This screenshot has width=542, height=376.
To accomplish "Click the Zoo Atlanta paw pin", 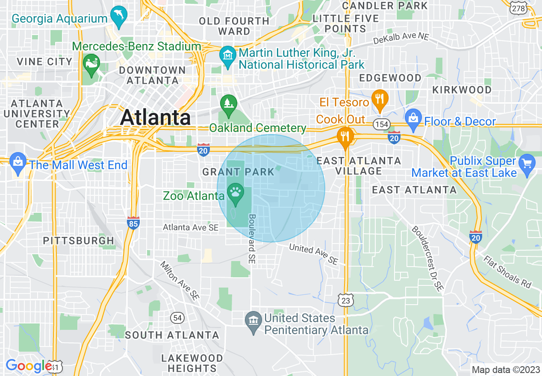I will click(235, 192).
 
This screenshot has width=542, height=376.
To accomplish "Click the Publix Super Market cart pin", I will click(527, 163).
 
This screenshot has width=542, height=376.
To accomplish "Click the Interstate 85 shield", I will click(134, 223).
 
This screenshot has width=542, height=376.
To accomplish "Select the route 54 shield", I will click(177, 317).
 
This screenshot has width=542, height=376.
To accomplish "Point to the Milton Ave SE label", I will click(180, 281).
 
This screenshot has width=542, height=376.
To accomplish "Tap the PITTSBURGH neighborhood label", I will click(79, 241).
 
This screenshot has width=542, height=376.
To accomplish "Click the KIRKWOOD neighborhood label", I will click(462, 90).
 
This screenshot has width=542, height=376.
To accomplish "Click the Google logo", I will click(29, 366).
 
